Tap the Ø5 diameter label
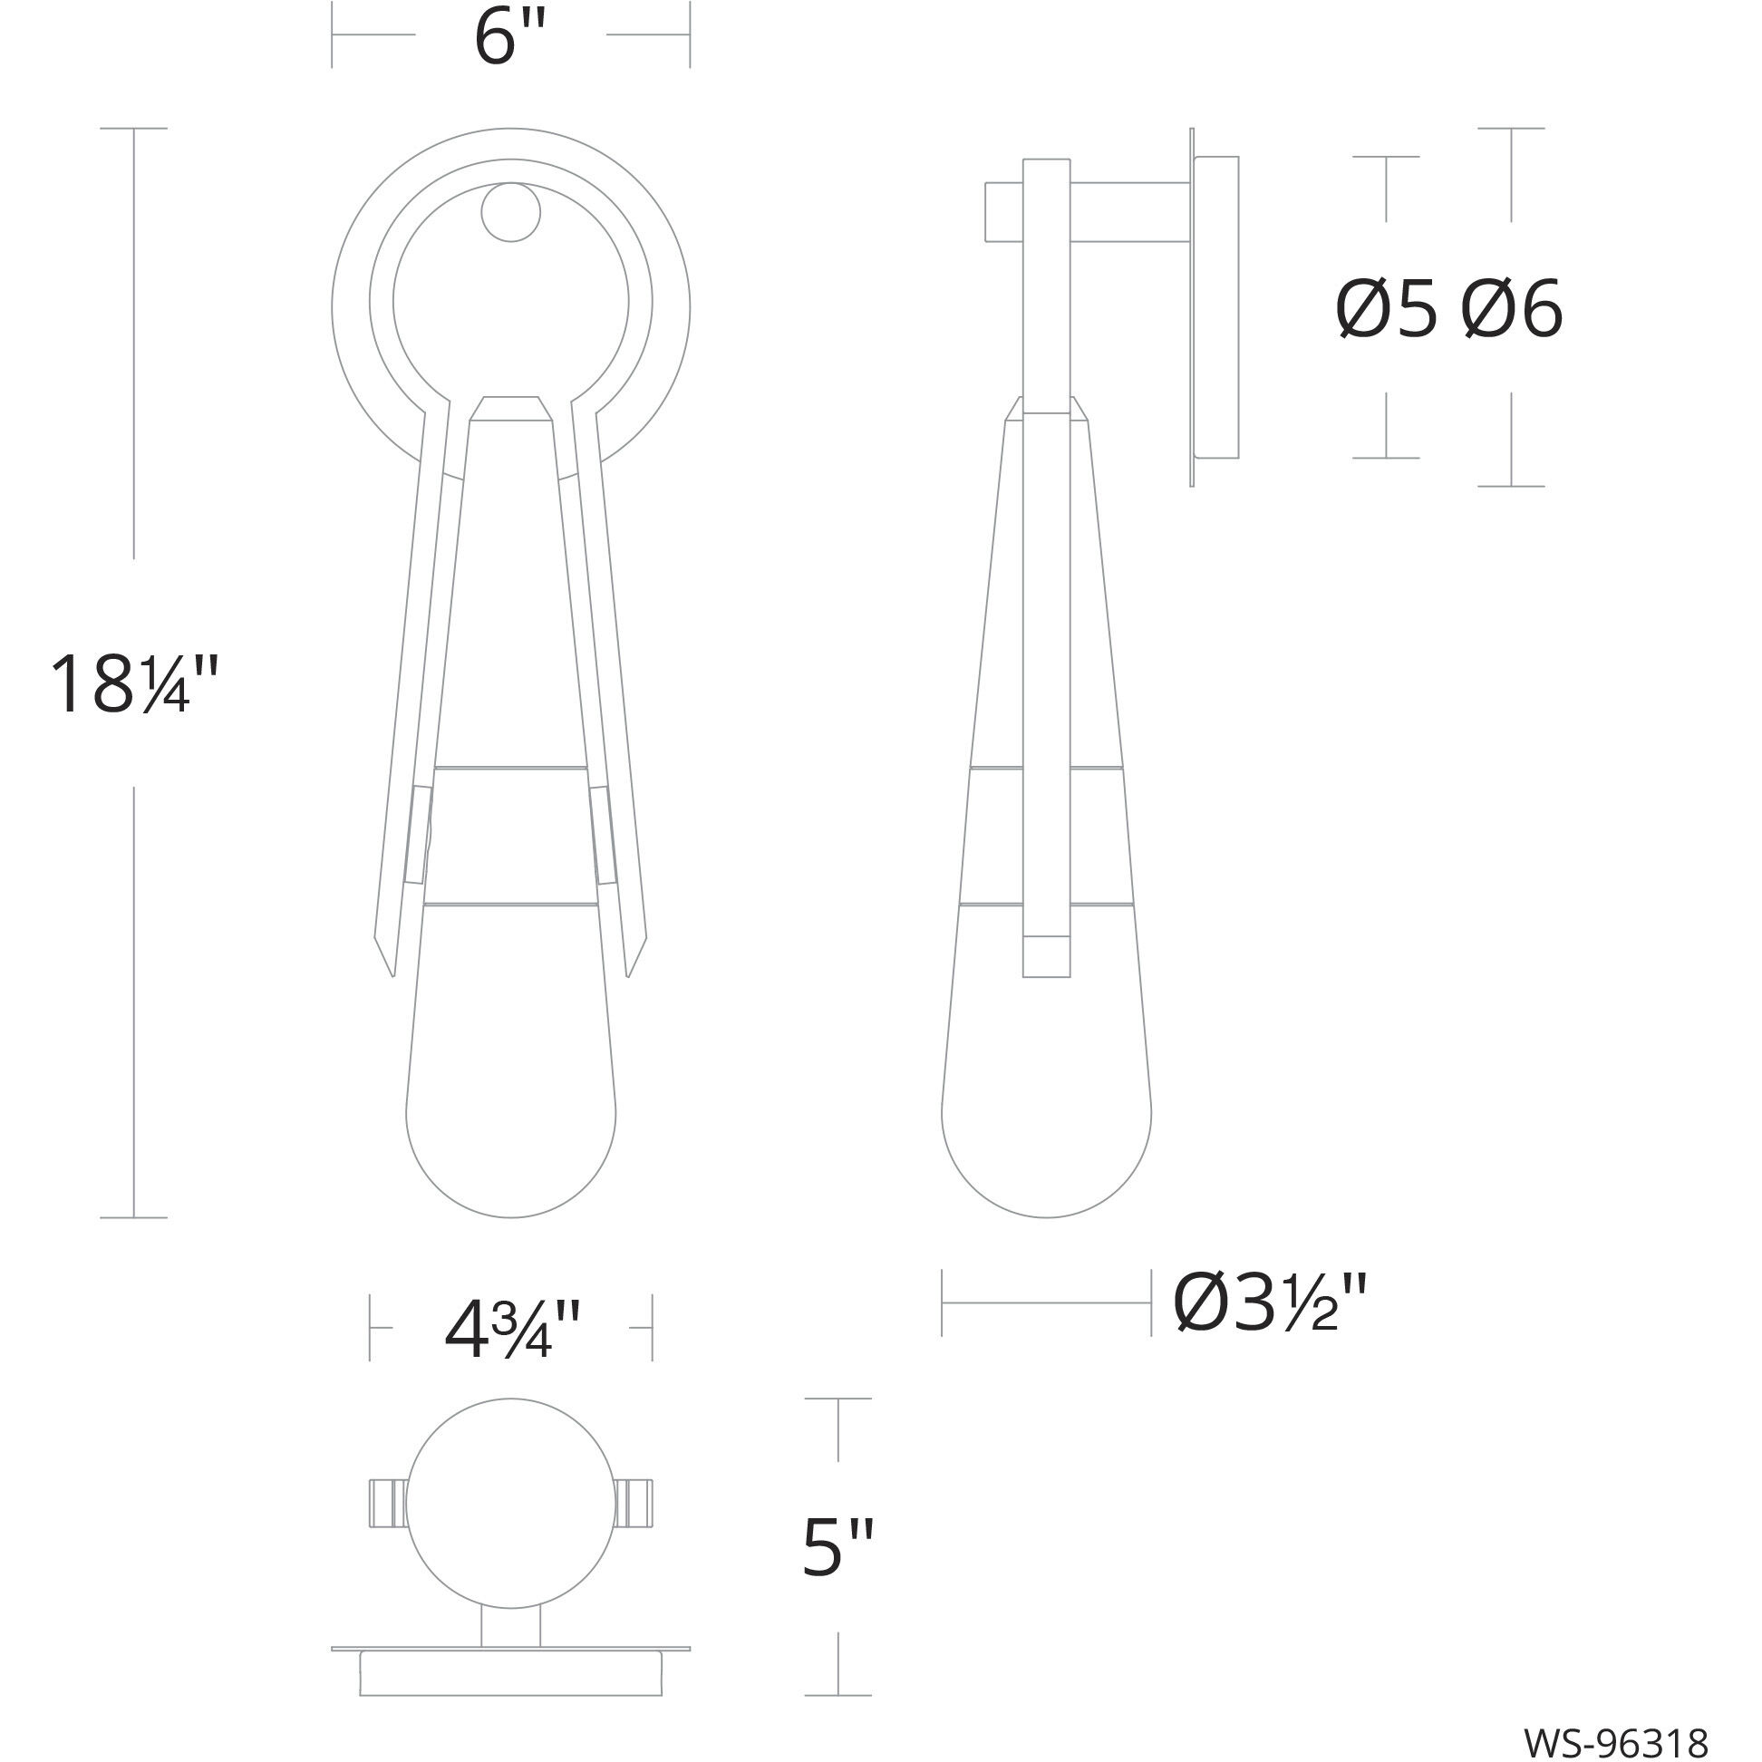tap(1385, 310)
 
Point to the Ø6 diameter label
tap(1513, 310)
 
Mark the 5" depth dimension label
tap(837, 1548)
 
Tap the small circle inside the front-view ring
tap(510, 212)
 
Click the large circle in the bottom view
tap(510, 1504)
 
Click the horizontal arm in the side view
tap(1131, 212)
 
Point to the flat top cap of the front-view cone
tap(510, 408)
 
